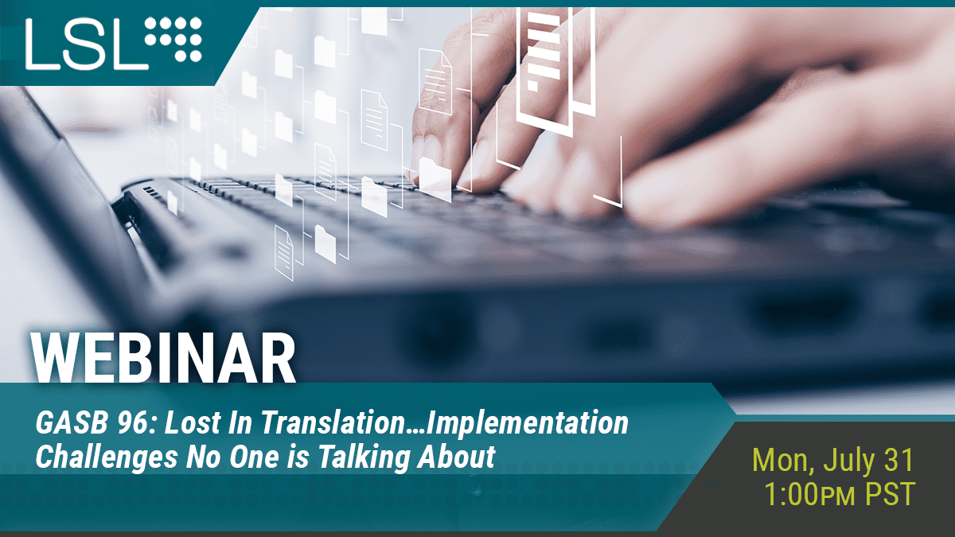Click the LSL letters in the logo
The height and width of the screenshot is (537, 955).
(87, 44)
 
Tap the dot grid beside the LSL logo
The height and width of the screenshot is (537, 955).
(173, 39)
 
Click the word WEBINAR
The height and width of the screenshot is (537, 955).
(163, 358)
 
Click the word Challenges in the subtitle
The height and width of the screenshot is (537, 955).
(107, 457)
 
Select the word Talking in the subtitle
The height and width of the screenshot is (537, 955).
(364, 457)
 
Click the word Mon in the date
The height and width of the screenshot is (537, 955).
(783, 461)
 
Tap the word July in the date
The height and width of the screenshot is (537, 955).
(848, 461)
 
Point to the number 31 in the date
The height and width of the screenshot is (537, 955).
(898, 460)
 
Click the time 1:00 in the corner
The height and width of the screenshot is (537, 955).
(791, 494)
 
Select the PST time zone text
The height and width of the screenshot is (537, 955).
(890, 494)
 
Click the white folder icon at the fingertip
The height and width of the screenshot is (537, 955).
(435, 178)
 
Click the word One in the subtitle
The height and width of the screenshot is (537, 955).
(249, 457)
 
